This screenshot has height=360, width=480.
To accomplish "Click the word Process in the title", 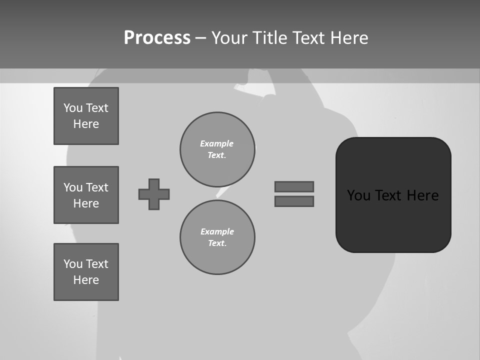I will tap(157, 38).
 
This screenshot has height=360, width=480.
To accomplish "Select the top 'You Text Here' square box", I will tap(86, 116).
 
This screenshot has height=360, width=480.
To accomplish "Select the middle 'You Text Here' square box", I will tap(86, 195).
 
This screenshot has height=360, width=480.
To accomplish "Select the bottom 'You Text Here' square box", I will tap(86, 272).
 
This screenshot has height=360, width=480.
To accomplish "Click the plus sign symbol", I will tap(154, 194).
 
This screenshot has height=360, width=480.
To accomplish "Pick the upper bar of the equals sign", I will tap(294, 186).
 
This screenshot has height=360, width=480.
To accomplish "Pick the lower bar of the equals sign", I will tap(294, 201).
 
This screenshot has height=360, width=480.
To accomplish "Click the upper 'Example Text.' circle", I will tap(217, 149).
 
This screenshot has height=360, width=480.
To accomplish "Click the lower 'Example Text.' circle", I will tap(217, 237).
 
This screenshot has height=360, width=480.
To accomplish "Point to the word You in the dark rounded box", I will tap(358, 195).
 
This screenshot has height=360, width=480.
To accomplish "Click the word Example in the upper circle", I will tap(217, 143).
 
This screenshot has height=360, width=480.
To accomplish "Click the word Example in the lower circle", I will tap(217, 231).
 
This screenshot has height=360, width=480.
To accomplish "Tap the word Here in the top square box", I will tap(86, 124).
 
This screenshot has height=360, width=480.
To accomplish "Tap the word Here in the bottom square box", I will tap(86, 280).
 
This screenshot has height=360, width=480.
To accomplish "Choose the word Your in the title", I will tap(229, 38).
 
